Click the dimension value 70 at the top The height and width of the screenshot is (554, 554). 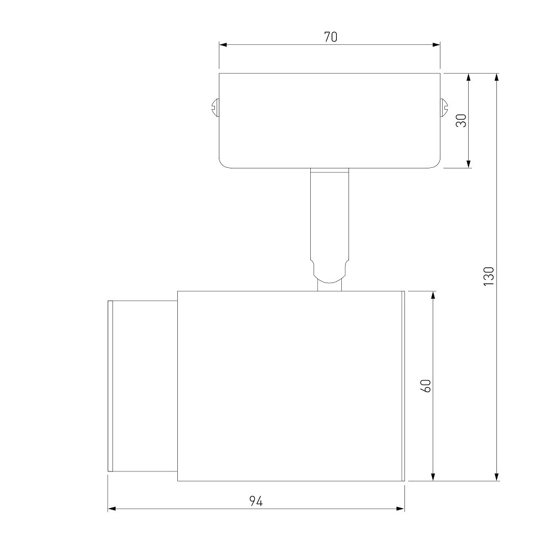[x=331, y=37]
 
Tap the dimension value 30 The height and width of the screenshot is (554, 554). [x=461, y=120]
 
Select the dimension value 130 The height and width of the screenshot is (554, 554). [x=489, y=276]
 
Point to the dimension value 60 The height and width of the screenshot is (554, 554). [x=426, y=386]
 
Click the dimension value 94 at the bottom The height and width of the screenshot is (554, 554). [x=256, y=501]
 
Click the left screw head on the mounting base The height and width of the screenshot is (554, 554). [x=215, y=108]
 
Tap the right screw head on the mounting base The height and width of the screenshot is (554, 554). [x=444, y=108]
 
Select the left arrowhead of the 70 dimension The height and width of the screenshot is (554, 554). [x=223, y=45]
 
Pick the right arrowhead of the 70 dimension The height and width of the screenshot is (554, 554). [x=436, y=45]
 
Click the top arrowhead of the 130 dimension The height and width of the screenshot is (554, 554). [x=497, y=78]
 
